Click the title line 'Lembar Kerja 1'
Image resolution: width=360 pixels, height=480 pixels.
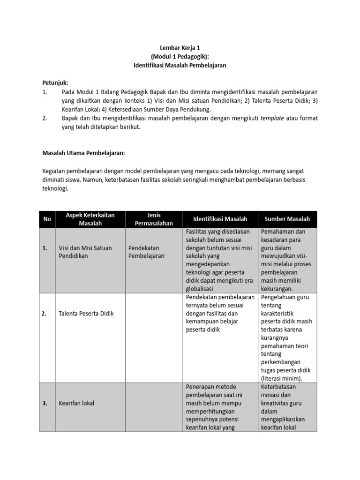(x=180, y=47)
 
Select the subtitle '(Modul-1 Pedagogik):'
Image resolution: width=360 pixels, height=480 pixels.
(x=180, y=56)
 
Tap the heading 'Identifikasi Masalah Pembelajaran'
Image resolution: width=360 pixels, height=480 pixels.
(x=180, y=65)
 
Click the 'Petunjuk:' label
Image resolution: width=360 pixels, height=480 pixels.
(x=56, y=83)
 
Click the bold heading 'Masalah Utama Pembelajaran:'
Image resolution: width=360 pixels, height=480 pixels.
(x=84, y=153)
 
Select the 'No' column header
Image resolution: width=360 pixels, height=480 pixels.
(x=47, y=219)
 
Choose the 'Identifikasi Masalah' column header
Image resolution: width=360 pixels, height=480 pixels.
(x=220, y=219)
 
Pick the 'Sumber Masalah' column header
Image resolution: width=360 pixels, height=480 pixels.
(x=287, y=219)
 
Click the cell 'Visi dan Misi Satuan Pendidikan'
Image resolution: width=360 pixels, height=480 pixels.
(x=85, y=252)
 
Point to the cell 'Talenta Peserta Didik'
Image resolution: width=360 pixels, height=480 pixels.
(x=86, y=314)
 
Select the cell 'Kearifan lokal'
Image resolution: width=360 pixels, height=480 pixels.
(x=76, y=403)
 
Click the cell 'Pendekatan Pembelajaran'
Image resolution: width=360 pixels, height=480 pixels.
(x=146, y=252)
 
